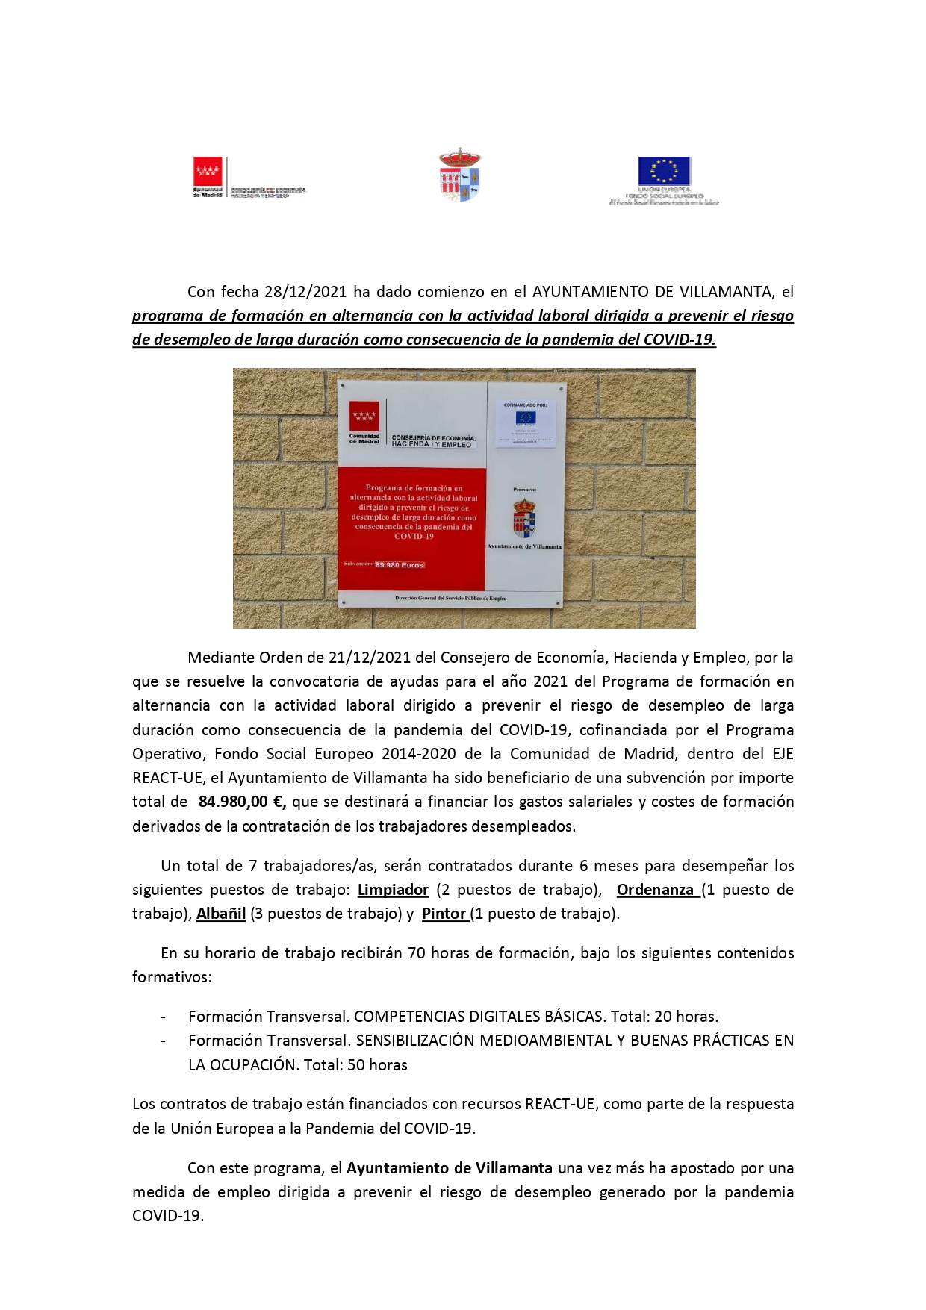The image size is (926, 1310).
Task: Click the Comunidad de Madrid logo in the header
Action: [x=208, y=172]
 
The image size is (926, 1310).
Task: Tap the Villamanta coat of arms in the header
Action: [x=459, y=175]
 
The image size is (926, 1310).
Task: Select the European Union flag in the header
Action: [x=664, y=171]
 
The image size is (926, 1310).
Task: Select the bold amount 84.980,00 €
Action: [x=242, y=802]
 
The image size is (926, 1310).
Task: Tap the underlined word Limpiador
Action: [x=393, y=890]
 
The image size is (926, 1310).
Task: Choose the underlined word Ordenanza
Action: [x=655, y=890]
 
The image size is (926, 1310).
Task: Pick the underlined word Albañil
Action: [x=221, y=914]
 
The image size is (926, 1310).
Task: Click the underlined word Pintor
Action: [x=444, y=914]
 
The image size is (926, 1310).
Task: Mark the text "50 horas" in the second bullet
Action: [x=377, y=1065]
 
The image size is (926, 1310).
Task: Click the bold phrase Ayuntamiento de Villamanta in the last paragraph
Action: [x=450, y=1168]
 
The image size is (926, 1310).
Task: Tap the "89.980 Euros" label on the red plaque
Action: [x=400, y=565]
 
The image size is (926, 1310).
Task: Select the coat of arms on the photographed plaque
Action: [x=524, y=518]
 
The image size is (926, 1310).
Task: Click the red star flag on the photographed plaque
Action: [x=364, y=416]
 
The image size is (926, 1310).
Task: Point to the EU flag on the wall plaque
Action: [x=526, y=418]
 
